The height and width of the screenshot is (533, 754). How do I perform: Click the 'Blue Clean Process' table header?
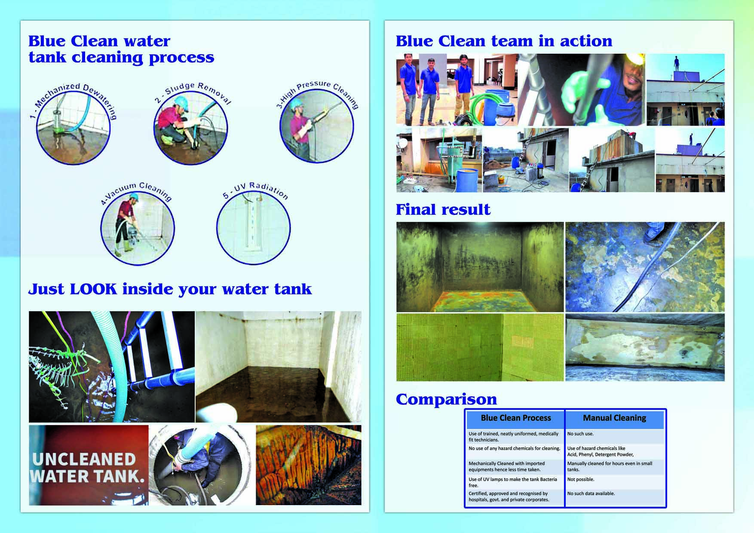point(515,418)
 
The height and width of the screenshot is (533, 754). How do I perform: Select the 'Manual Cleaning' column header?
point(614,418)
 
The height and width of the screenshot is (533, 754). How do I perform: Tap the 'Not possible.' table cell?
point(580,479)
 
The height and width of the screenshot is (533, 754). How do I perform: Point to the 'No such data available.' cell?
point(591,493)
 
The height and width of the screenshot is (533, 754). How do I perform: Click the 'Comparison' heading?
point(446,399)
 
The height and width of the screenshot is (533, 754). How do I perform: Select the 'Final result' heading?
point(443,209)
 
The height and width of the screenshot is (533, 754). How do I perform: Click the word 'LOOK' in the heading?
point(93,289)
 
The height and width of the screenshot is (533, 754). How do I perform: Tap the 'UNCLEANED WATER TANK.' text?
point(88,467)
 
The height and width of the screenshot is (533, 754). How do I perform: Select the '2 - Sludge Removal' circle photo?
point(190,128)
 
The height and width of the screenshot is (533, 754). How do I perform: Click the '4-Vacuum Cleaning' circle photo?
point(138,227)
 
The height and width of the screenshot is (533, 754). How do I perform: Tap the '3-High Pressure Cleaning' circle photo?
point(316,126)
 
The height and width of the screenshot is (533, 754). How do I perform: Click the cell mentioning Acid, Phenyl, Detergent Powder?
point(601,451)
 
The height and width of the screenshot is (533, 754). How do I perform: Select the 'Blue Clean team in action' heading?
point(504,41)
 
